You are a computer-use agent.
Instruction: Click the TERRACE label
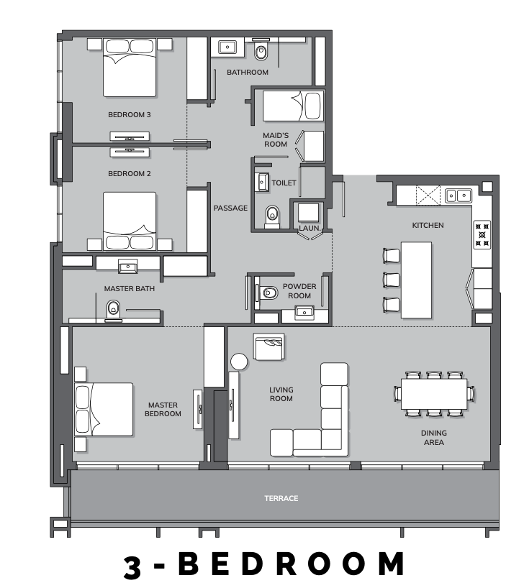(x=281, y=498)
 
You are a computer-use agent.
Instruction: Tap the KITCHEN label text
(x=428, y=226)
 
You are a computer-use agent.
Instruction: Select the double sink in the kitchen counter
(x=458, y=196)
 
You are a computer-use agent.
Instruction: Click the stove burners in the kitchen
(x=482, y=235)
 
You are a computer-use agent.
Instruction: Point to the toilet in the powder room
(x=267, y=293)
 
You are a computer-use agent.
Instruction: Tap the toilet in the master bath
(x=113, y=311)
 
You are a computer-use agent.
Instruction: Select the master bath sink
(x=127, y=267)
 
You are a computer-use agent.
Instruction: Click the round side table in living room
(x=239, y=362)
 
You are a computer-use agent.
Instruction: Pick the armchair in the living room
(x=268, y=347)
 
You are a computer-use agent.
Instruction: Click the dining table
(x=434, y=394)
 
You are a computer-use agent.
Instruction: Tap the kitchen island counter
(x=416, y=280)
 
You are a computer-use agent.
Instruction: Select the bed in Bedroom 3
(x=130, y=68)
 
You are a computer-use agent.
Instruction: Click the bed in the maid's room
(x=293, y=106)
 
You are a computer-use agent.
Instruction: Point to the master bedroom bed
(x=104, y=409)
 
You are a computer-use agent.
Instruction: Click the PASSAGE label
(x=230, y=208)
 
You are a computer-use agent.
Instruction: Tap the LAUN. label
(x=310, y=228)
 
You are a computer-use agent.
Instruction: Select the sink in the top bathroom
(x=227, y=47)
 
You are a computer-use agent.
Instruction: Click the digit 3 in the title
(x=132, y=566)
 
